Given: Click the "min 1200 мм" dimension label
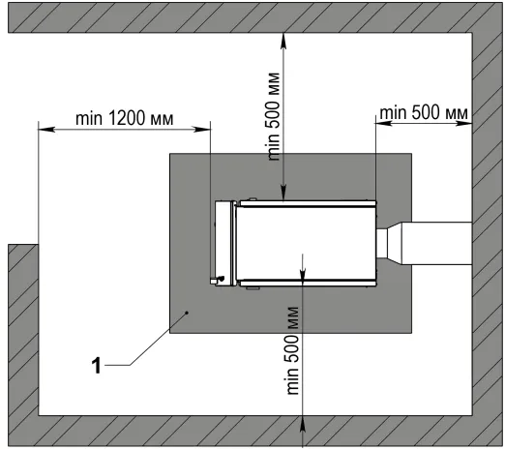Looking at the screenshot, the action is pos(125,118).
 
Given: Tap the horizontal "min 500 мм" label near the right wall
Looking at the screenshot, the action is pos(424,112).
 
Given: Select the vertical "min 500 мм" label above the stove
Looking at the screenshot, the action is pos(273,117).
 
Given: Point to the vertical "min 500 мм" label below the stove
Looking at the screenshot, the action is pos(292,350).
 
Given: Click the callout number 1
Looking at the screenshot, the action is pos(96,366).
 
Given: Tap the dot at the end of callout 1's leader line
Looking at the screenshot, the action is pos(187,313).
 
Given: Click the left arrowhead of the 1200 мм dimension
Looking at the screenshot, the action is pos(46,130).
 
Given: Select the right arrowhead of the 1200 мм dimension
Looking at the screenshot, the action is pos(202,130).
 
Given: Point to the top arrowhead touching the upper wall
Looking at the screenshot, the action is pos(283,41).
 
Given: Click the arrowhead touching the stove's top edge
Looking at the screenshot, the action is pos(283,193).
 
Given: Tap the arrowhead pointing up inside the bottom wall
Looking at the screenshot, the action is pos(303,424).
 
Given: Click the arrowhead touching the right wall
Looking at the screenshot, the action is pos(464,123).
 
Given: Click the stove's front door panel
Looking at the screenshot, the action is pos(225,243).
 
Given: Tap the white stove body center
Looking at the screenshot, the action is pos(306,243).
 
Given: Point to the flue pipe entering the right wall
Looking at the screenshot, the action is pos(437,244).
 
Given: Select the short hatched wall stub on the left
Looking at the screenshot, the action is pos(23,329).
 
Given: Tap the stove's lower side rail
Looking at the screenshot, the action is pos(308,283).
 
